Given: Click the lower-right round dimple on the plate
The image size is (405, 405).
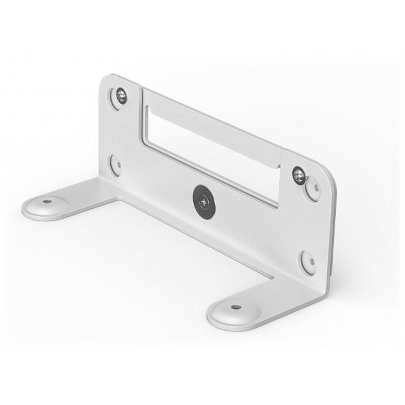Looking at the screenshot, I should point(307,261).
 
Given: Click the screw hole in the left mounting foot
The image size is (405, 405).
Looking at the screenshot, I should point(46,202).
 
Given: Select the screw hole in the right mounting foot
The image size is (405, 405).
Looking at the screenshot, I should point(235,307).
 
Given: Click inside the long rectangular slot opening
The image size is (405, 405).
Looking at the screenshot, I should point(212,150).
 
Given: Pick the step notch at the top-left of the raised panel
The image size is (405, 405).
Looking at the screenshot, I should point(143,91).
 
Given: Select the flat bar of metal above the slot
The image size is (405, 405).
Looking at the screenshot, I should point(212,118).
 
